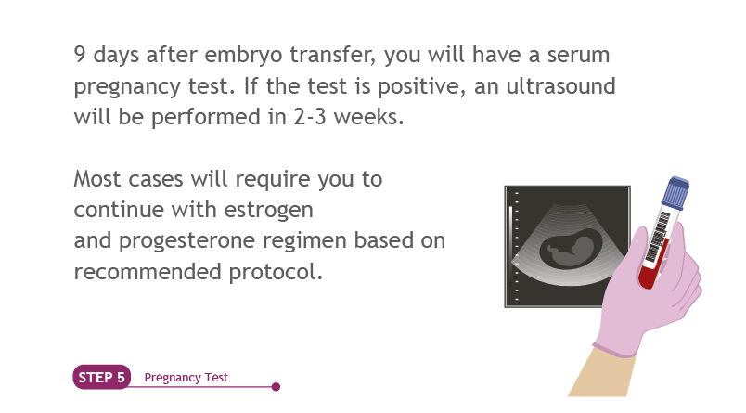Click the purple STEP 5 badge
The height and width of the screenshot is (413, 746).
coord(101,377)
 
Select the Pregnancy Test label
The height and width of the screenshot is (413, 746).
coord(186,378)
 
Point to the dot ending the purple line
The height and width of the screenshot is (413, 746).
coord(276,387)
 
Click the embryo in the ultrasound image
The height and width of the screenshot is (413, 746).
coord(570,249)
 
